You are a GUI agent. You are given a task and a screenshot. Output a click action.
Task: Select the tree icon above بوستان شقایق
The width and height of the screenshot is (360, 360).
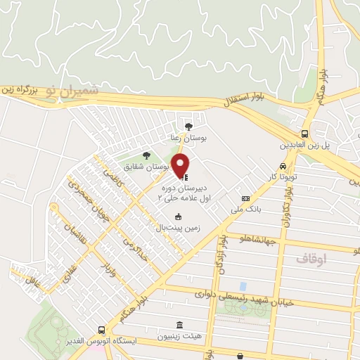pos(146,155)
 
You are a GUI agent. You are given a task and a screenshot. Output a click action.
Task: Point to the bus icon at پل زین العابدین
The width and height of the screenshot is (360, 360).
pos(304,134)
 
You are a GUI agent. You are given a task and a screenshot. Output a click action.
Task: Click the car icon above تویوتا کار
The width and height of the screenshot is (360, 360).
pos(282,166)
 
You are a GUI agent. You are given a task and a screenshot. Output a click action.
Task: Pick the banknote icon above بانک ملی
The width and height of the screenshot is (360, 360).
pos(245,198)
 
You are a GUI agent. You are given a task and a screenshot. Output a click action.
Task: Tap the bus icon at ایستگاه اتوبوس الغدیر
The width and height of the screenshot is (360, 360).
pos(103,330)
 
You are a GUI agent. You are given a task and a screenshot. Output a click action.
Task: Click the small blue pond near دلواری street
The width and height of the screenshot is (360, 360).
pos(243,286)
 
